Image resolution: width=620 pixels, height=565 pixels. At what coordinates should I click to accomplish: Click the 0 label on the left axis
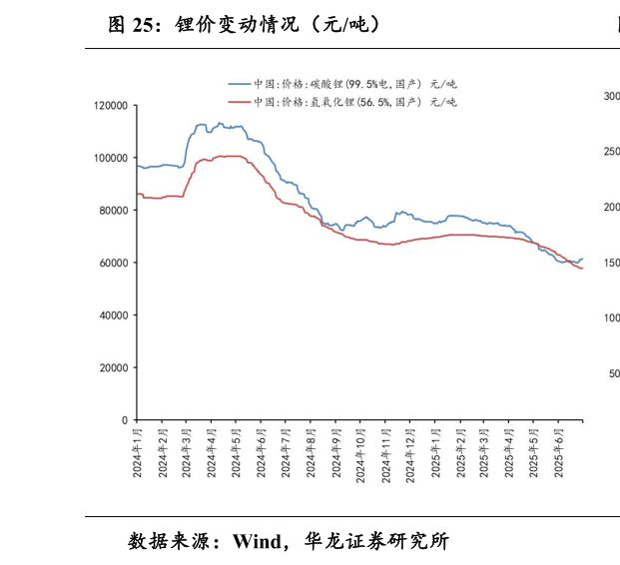[x=124, y=420]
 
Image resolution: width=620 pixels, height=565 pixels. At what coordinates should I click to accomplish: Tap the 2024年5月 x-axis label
[x=237, y=454]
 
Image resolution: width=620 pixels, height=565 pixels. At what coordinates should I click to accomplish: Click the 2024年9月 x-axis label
[x=335, y=454]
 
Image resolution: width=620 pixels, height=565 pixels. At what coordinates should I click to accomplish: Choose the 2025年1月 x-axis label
[x=435, y=454]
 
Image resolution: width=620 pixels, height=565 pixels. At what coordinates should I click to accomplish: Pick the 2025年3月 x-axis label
[x=484, y=454]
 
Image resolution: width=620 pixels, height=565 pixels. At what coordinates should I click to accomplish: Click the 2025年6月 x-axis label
[x=559, y=454]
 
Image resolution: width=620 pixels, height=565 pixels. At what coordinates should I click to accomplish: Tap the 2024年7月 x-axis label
[x=286, y=454]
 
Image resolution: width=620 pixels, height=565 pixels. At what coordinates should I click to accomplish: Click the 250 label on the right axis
[x=611, y=152]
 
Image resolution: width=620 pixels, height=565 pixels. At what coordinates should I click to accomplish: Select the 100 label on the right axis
[x=611, y=317]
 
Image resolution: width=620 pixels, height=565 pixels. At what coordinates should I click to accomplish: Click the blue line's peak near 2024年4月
[x=221, y=123]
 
